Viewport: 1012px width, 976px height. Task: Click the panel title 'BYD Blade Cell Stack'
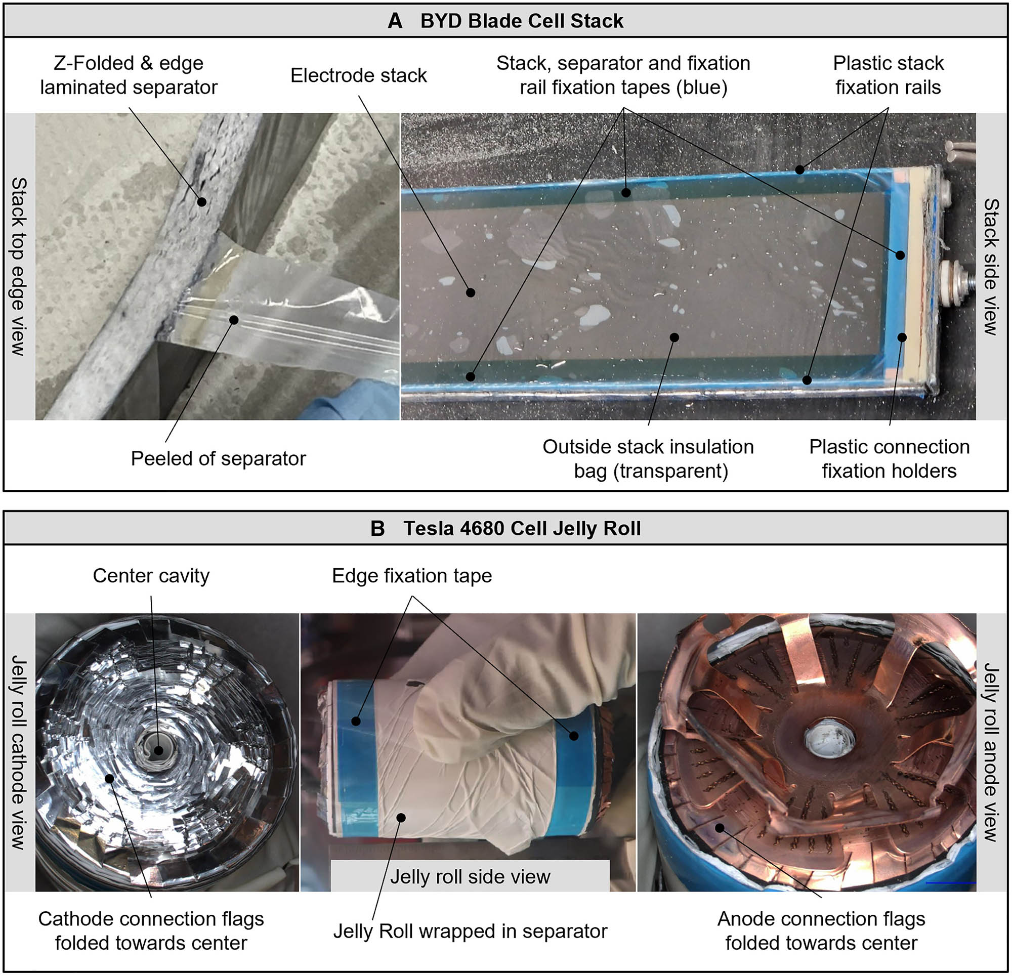(x=522, y=21)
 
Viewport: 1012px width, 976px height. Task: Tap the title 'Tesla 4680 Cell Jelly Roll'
(x=522, y=528)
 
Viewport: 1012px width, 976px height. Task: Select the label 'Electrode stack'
(x=358, y=75)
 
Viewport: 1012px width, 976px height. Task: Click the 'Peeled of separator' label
(x=218, y=458)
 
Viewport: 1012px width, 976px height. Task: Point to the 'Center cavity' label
(x=151, y=576)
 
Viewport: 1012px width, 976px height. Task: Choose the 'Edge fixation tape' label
(x=411, y=576)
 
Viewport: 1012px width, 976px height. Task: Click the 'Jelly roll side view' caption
(x=470, y=876)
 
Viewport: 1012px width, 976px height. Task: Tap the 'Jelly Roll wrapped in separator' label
(x=470, y=931)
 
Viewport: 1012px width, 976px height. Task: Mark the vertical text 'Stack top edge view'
(x=19, y=267)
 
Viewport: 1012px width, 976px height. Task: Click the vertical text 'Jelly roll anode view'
(x=990, y=752)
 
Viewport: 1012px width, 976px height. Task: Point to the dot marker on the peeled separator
(x=234, y=320)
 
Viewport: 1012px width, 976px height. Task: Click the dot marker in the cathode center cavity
(x=158, y=751)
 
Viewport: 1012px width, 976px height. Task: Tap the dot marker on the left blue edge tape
(x=356, y=721)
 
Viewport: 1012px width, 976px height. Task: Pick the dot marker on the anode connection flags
(x=719, y=828)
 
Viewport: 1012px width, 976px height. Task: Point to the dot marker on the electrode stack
(x=471, y=293)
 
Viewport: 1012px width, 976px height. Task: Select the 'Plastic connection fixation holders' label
(x=889, y=458)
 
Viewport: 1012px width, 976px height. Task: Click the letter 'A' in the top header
(x=395, y=21)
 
